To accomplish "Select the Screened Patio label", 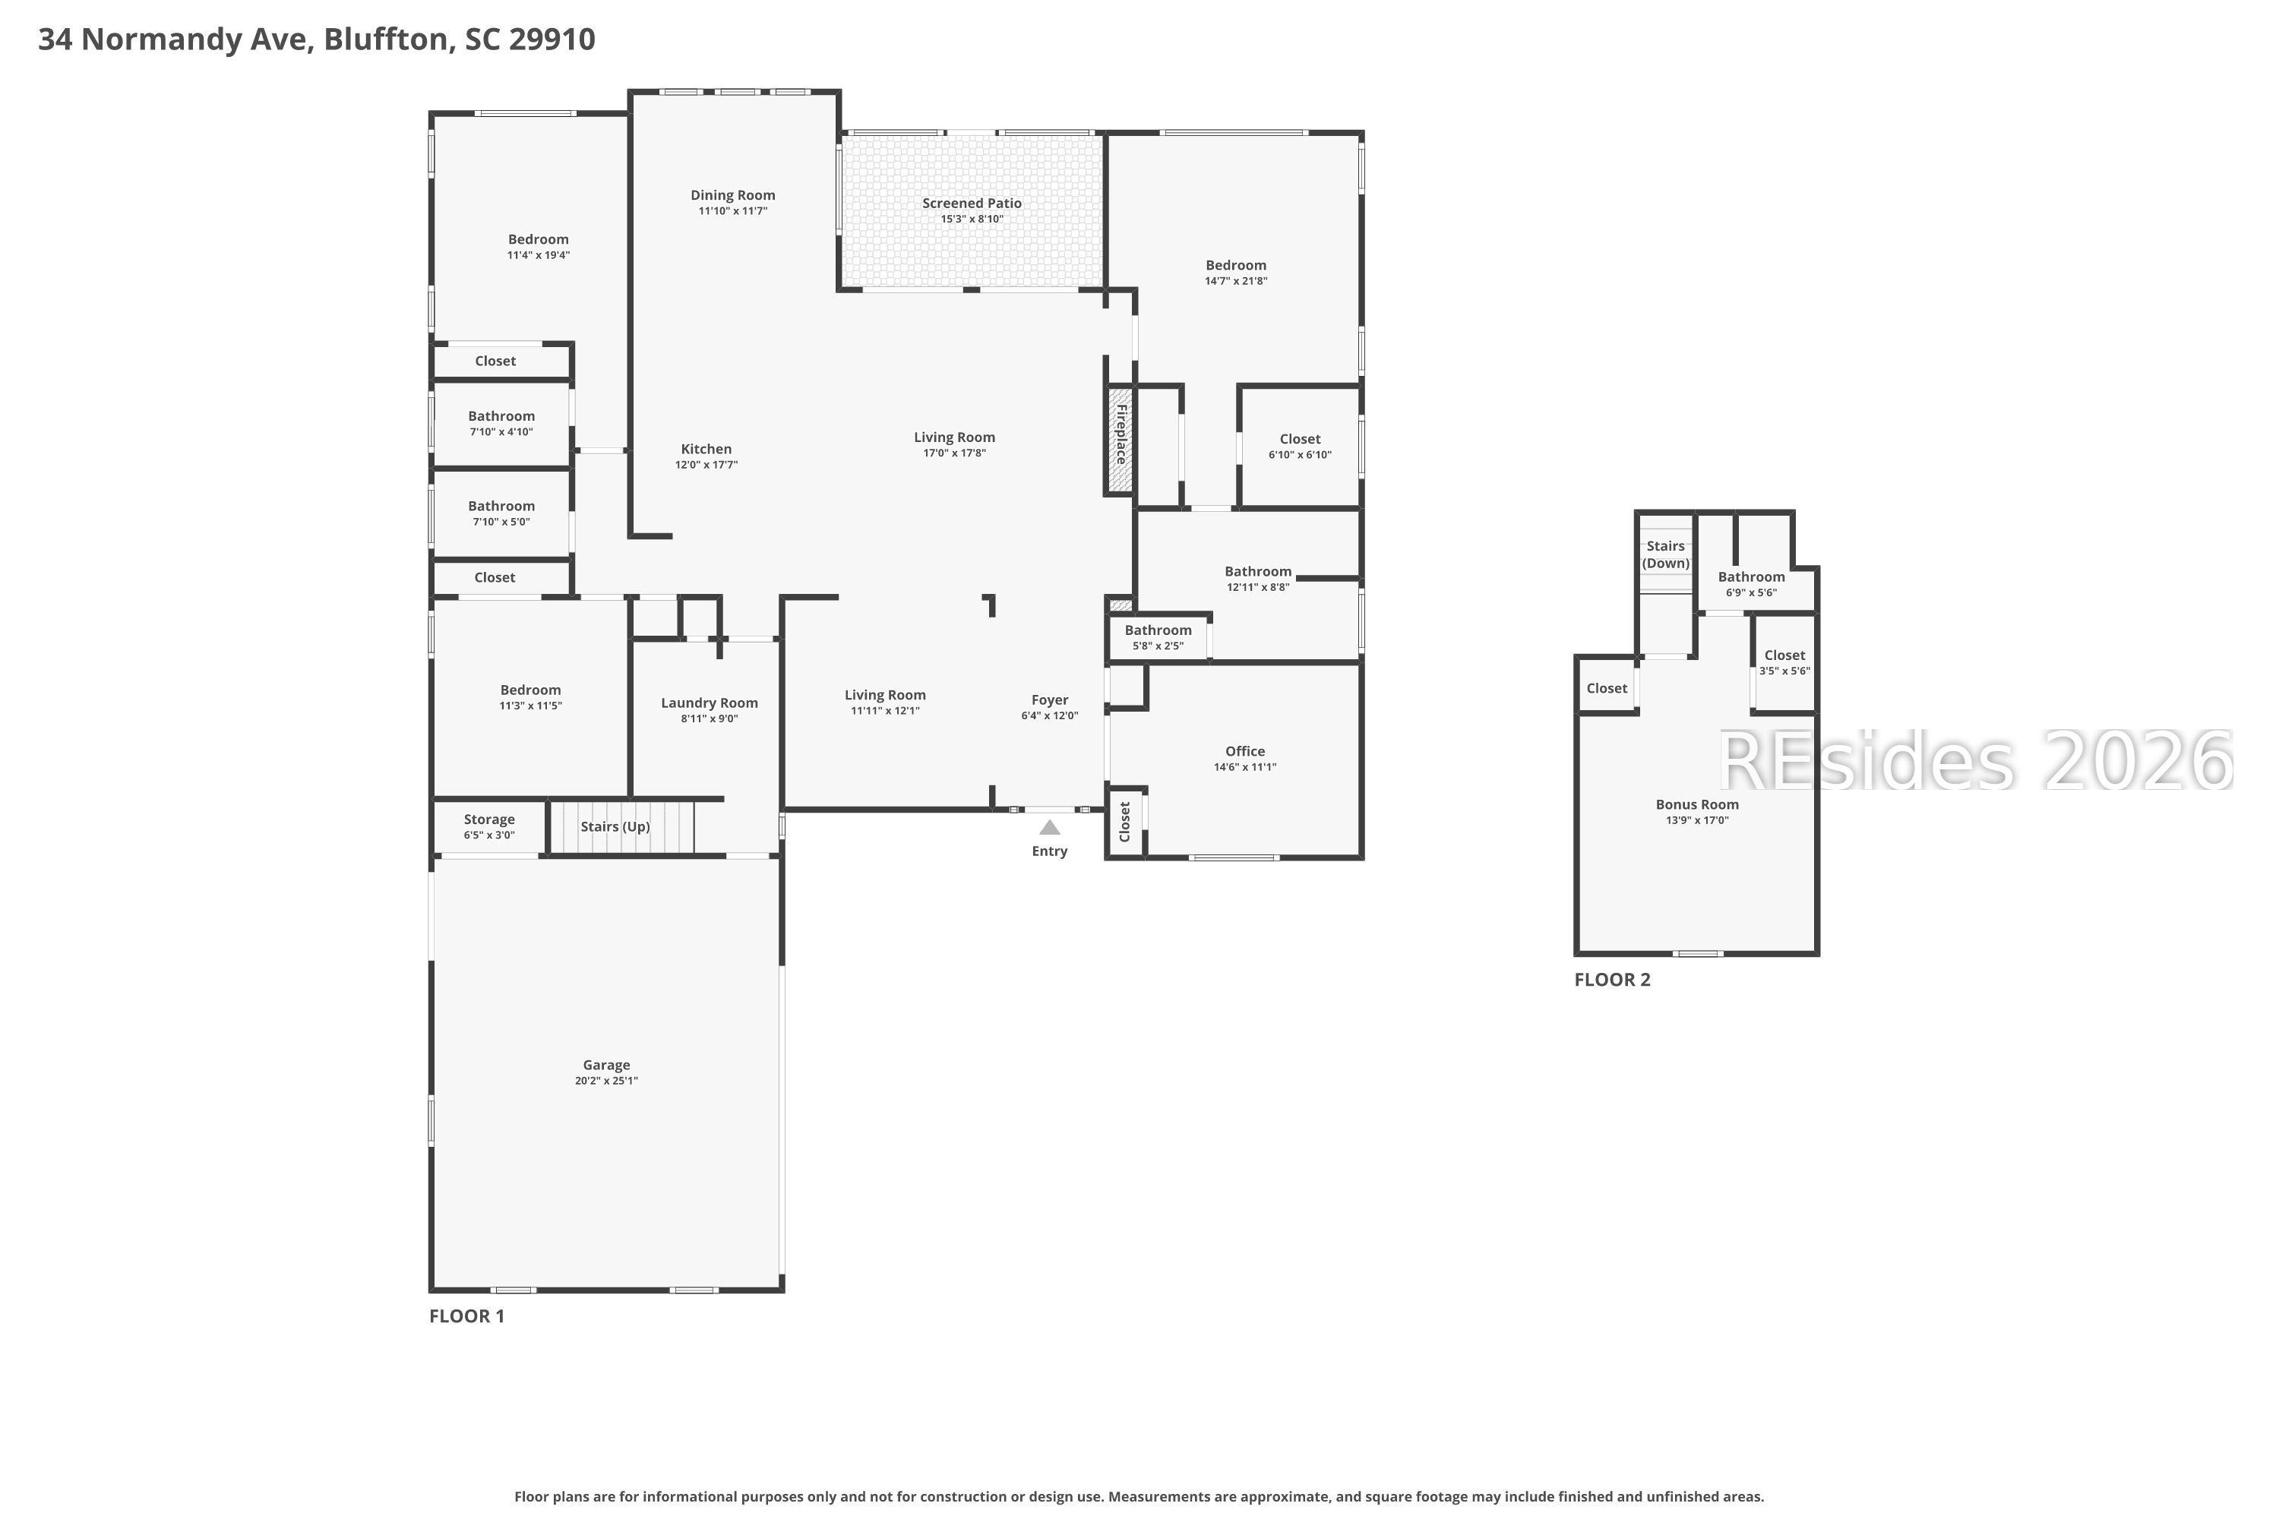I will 971,204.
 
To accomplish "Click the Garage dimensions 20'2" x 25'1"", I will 605,1081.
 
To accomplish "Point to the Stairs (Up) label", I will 615,826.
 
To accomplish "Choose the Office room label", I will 1244,751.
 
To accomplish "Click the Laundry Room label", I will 710,703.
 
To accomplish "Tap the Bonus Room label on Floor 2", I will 1696,804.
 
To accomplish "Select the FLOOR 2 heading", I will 1611,980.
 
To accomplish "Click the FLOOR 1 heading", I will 466,1315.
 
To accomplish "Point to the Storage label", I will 488,820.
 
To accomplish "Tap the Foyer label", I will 1049,699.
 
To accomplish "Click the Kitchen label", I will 706,449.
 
